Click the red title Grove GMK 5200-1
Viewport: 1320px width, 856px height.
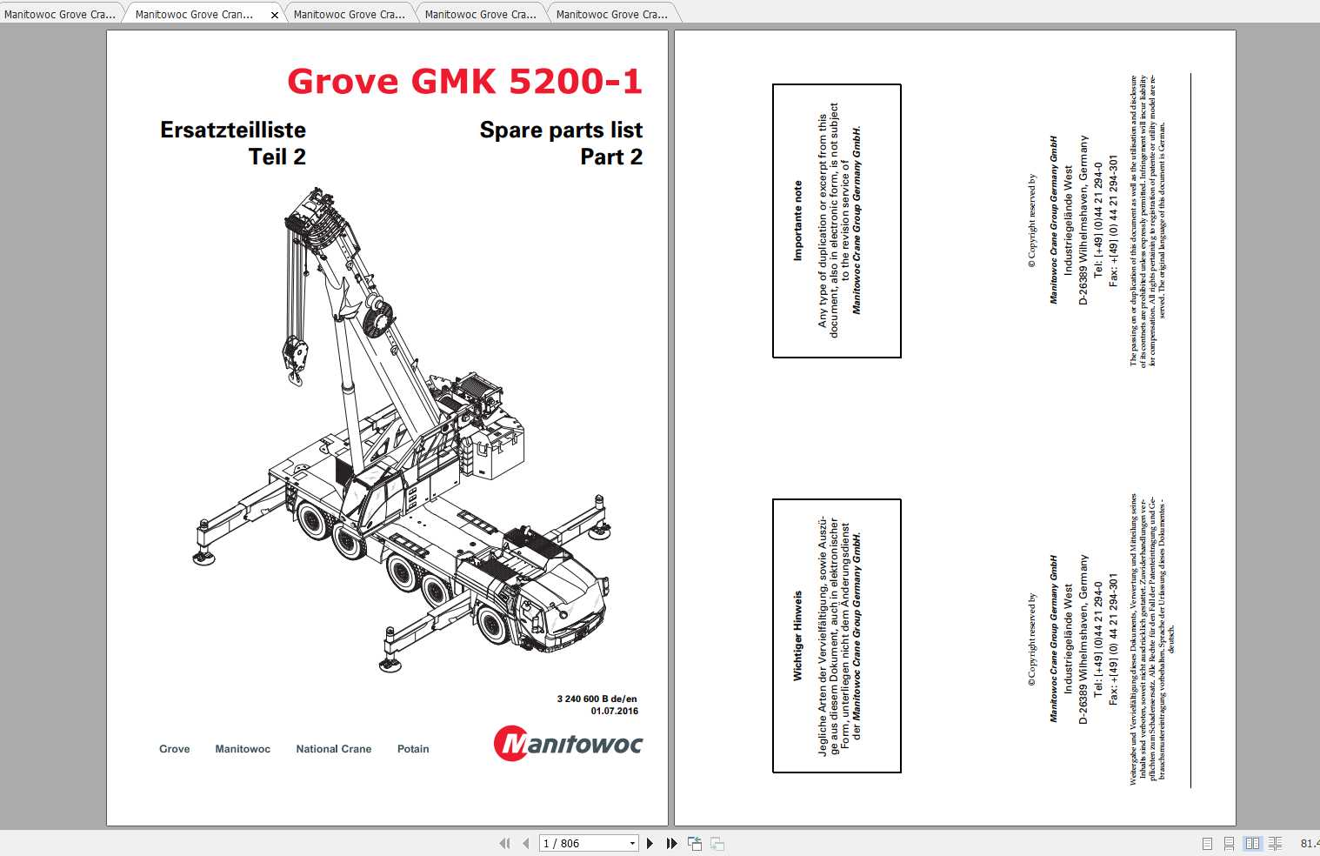click(464, 82)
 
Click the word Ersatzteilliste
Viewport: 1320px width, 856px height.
click(233, 130)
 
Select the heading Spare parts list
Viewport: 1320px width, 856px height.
click(561, 130)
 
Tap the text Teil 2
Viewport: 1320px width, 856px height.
click(277, 157)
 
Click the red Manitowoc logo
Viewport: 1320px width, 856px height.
click(568, 745)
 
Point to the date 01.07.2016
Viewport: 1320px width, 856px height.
click(614, 711)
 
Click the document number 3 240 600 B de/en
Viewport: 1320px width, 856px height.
click(597, 699)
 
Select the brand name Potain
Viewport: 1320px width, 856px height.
click(413, 749)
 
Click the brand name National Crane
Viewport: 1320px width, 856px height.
click(333, 749)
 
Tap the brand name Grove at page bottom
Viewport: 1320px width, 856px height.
click(174, 749)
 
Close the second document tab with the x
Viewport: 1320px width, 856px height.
click(275, 15)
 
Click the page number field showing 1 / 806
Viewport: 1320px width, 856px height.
click(583, 843)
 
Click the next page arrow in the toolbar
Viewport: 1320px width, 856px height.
click(650, 843)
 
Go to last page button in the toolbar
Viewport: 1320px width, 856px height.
click(671, 843)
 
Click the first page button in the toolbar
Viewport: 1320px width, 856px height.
click(504, 843)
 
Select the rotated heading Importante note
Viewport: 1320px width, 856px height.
click(797, 221)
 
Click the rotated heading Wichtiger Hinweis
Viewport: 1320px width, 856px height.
click(797, 635)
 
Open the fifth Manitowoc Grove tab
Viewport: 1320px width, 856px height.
click(611, 15)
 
